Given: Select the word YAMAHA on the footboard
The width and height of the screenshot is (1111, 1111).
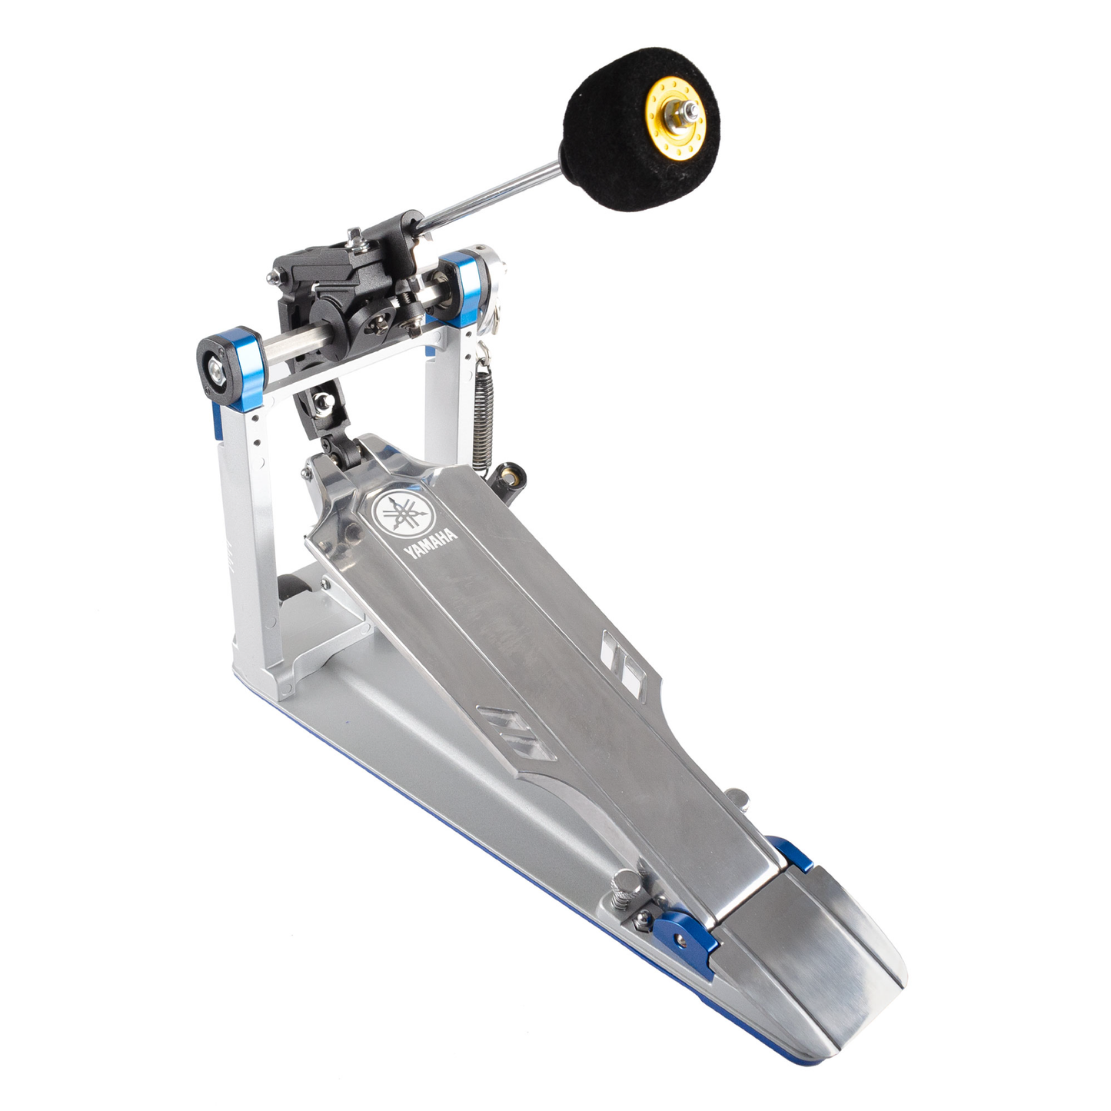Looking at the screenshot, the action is (x=431, y=543).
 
